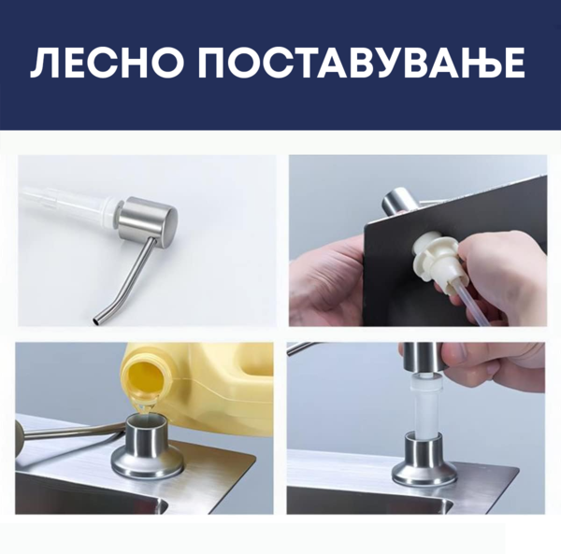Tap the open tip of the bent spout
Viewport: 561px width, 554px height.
coord(96,321)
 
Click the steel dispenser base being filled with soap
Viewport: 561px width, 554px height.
coord(149,449)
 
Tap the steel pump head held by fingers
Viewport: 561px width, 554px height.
coord(423,358)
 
